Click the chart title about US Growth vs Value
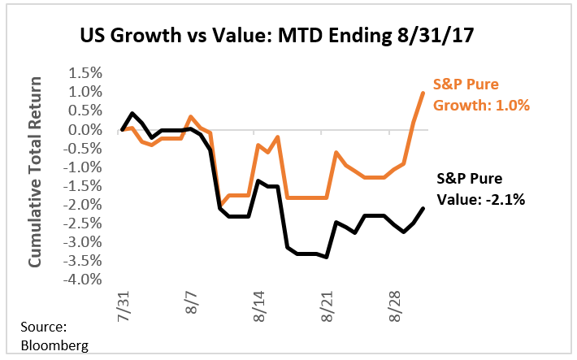(288, 37)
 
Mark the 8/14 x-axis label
(258, 306)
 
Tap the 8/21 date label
(327, 306)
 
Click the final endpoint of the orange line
(423, 93)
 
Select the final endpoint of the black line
(423, 208)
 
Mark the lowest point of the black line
(327, 257)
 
